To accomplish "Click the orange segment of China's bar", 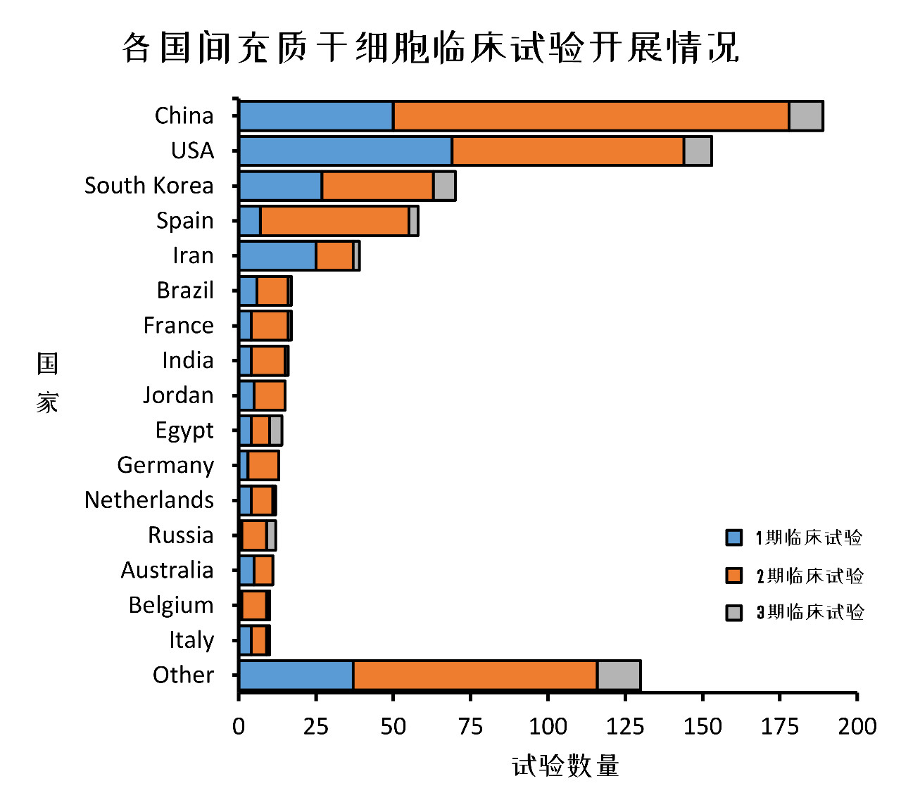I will click(591, 116).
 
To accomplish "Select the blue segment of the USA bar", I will click(346, 151).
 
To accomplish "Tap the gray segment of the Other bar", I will click(619, 675).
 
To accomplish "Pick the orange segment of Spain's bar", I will click(335, 221).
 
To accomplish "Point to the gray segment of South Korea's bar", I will click(444, 186).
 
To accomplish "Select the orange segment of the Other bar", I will click(475, 675).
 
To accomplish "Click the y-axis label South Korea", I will click(149, 186).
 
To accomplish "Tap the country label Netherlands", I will click(149, 500).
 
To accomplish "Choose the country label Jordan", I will click(178, 395).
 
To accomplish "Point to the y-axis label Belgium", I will click(171, 605).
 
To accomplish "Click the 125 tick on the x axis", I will click(625, 726).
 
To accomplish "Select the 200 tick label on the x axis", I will click(857, 726).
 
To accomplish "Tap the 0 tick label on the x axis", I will click(239, 726).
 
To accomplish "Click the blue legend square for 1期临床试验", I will click(734, 538).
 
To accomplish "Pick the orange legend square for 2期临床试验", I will click(734, 576).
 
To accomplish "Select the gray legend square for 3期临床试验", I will click(734, 612).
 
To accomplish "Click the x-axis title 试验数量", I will click(565, 765).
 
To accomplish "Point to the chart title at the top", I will click(431, 48).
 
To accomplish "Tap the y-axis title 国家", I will click(47, 383).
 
